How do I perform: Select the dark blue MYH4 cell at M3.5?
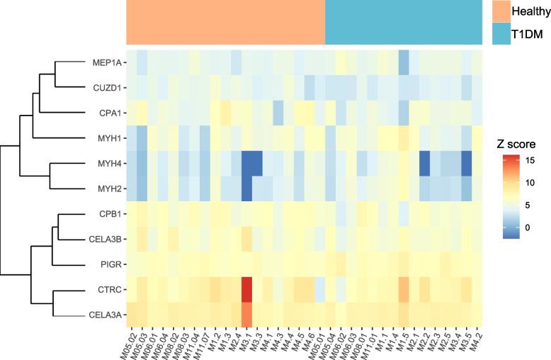pyautogui.click(x=466, y=164)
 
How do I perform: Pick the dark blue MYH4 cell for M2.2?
pyautogui.click(x=424, y=164)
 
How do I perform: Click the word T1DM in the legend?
pyautogui.click(x=533, y=33)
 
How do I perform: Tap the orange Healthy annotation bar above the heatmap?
pyautogui.click(x=226, y=23)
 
